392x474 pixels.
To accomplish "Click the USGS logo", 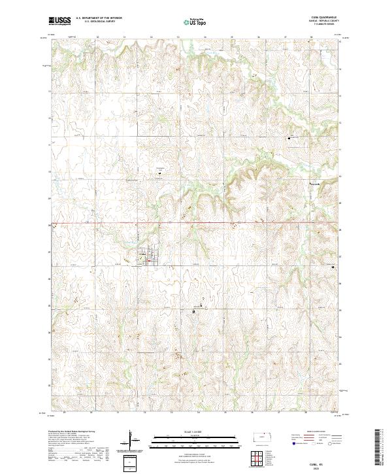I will (x=60, y=21).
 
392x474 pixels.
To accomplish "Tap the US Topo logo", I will (x=189, y=22).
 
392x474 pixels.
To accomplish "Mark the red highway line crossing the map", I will (x=196, y=224).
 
